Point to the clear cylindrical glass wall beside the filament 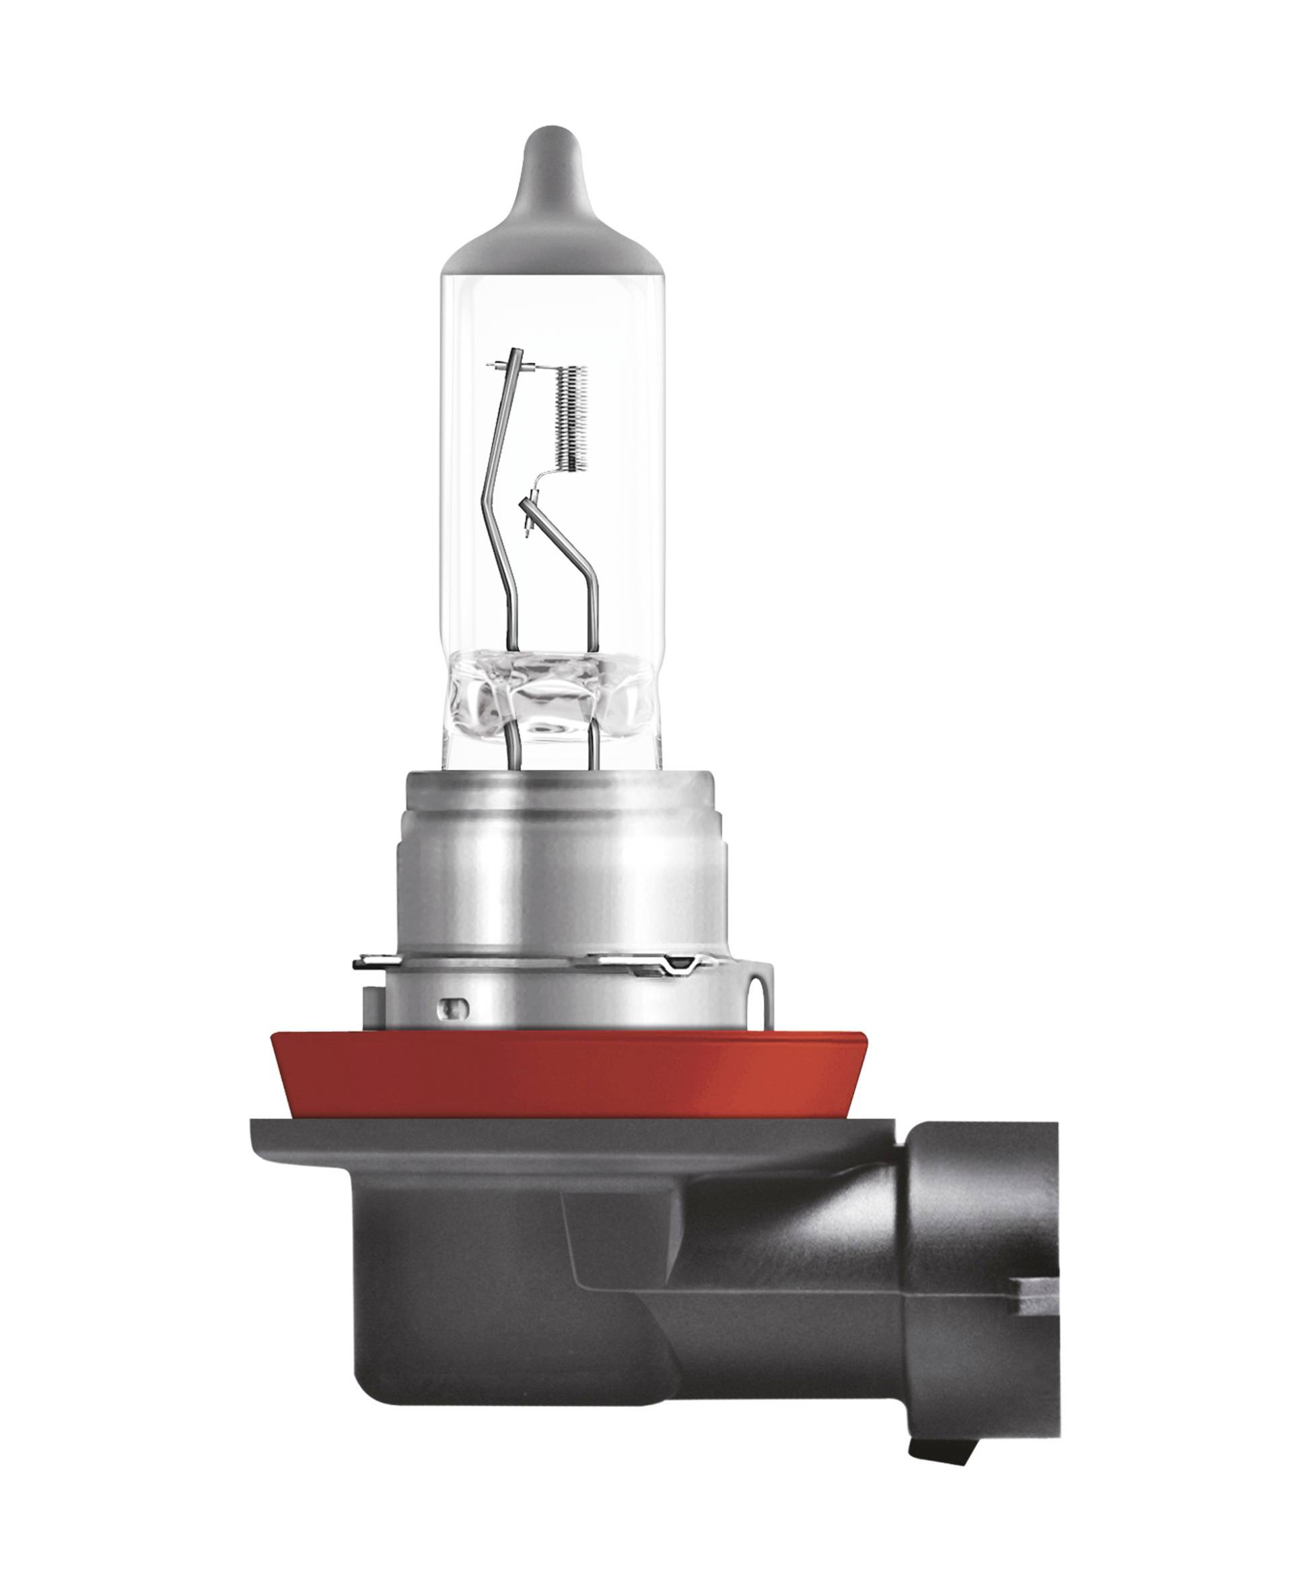627,453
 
